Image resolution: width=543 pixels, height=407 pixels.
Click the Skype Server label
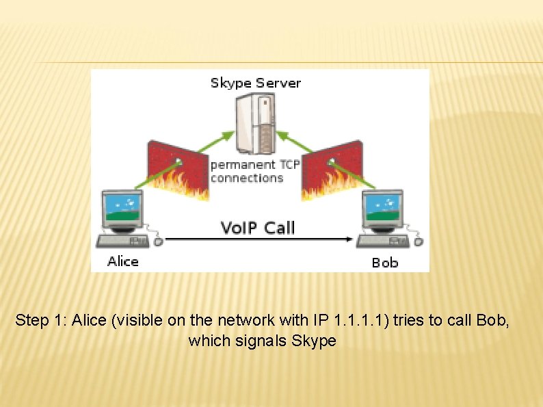pyautogui.click(x=255, y=83)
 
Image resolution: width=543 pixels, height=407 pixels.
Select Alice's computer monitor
pyautogui.click(x=122, y=209)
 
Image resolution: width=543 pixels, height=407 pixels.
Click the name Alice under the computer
pyautogui.click(x=123, y=261)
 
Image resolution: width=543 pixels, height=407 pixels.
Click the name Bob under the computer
pyautogui.click(x=384, y=262)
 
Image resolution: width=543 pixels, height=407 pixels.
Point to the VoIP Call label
pyautogui.click(x=258, y=227)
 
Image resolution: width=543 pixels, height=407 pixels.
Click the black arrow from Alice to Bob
pyautogui.click(x=260, y=239)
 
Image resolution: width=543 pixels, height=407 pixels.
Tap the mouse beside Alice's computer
pyautogui.click(x=159, y=241)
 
